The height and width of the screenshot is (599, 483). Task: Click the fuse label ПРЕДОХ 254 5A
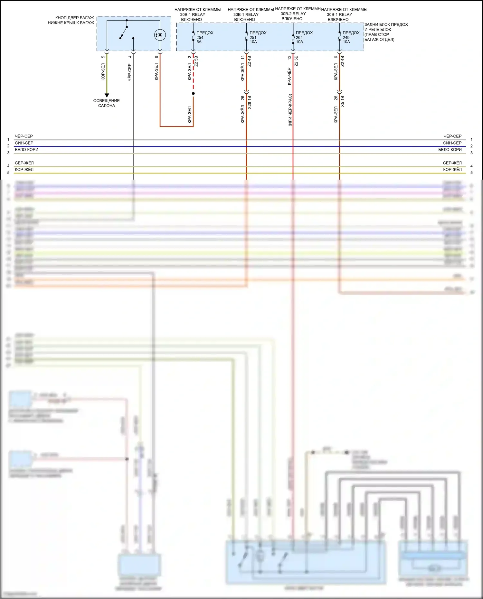204,37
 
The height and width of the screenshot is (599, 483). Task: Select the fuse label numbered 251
257,37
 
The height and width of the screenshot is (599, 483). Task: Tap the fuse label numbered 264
304,37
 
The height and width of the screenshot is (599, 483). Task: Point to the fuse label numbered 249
350,37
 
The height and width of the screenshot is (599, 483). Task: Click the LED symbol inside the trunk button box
160,35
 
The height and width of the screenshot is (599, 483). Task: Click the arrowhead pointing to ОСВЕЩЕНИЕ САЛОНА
107,95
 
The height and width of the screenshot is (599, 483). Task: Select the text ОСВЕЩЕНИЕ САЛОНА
107,103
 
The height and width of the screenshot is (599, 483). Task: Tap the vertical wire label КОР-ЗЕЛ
103,72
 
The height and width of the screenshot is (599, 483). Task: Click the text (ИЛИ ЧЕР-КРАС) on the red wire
290,110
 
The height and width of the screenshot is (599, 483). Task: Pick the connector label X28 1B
250,102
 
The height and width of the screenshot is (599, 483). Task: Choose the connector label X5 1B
343,101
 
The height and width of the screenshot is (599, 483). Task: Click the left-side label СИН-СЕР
24,143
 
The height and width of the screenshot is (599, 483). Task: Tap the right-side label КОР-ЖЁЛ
452,170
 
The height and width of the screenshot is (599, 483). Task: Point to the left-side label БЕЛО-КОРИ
26,150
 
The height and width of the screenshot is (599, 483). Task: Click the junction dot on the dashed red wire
193,94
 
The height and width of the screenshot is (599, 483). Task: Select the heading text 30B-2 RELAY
293,14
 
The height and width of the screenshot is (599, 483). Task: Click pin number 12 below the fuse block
289,57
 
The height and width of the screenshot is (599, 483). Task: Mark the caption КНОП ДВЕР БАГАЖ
74,18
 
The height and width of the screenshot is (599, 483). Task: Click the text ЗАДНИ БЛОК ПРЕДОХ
386,24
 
